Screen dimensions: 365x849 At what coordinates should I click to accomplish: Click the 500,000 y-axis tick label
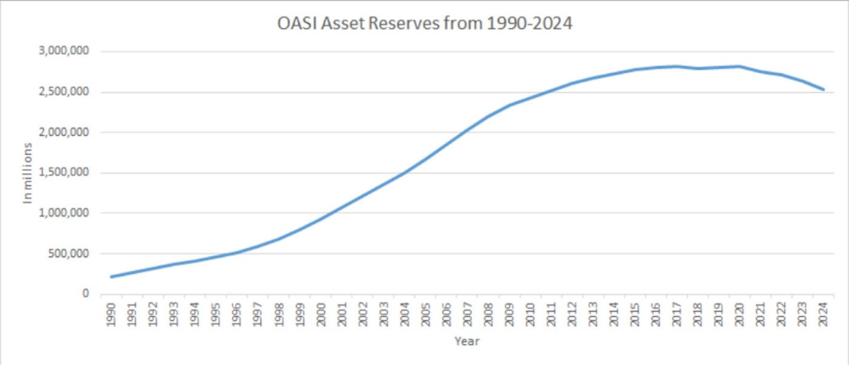tap(69, 254)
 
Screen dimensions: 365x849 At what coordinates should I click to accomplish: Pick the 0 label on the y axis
tap(86, 294)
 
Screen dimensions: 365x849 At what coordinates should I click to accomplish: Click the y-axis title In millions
tap(27, 173)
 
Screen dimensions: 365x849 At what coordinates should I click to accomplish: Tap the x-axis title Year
tap(468, 340)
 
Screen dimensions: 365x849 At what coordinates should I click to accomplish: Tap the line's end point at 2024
tap(823, 90)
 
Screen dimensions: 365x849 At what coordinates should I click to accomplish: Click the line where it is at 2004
tap(405, 172)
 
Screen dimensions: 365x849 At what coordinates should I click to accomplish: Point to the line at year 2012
tap(572, 83)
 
